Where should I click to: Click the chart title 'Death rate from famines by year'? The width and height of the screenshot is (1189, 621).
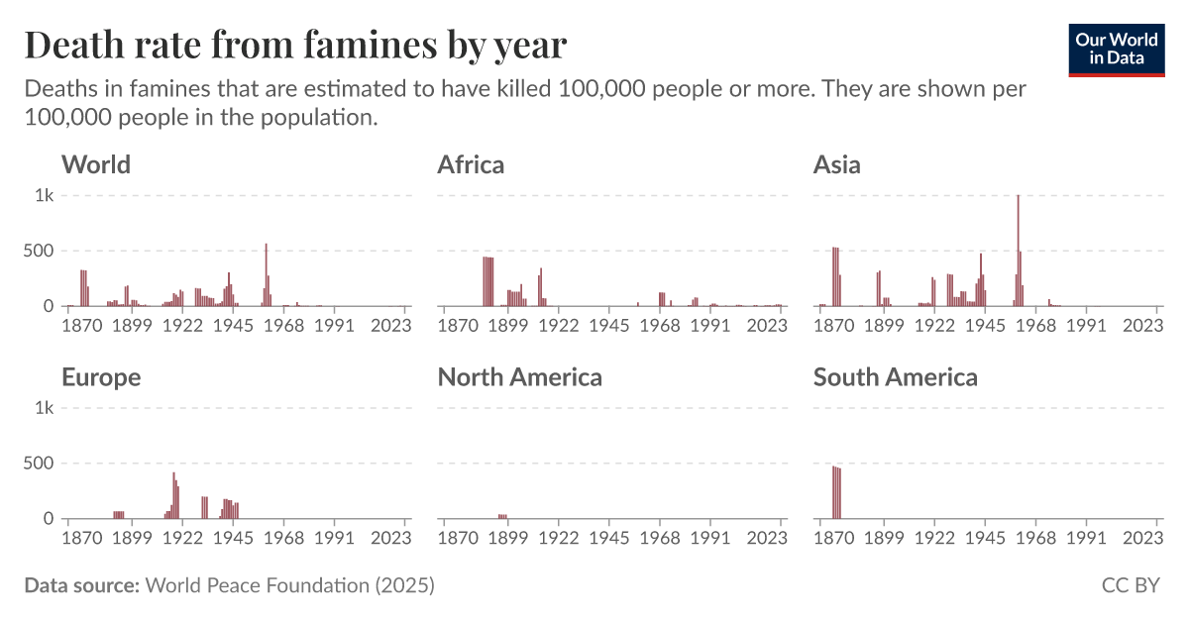295,45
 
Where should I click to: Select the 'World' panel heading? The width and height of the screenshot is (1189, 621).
96,164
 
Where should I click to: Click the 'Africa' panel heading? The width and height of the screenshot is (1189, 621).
471,164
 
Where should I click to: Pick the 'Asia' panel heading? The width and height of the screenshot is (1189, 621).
836,164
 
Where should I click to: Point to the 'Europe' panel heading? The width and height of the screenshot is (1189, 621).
101,376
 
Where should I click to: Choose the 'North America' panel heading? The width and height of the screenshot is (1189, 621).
519,376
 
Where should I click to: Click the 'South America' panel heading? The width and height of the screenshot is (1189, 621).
895,376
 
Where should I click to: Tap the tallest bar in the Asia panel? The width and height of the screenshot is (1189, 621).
1018,252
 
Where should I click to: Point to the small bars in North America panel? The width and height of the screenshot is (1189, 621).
502,516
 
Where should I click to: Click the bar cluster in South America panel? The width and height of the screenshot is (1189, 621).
836,492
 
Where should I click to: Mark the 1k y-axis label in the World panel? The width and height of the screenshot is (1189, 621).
44,196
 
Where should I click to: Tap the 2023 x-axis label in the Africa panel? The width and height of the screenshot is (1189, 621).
767,326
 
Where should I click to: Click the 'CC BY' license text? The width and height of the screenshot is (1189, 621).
1131,585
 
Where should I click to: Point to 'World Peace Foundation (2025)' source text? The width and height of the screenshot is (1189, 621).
289,585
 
